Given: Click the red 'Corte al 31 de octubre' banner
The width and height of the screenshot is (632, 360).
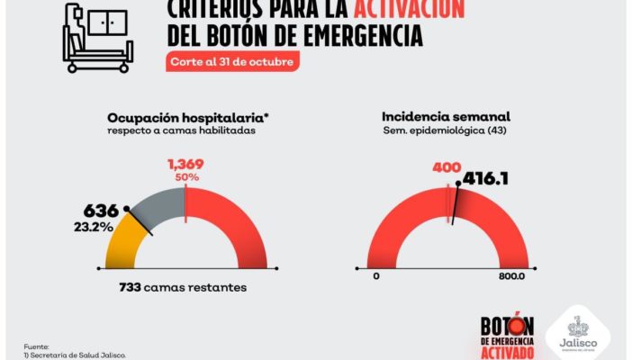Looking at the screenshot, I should click(x=232, y=62).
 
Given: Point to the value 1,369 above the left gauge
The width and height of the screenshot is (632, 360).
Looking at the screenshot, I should click(x=186, y=164).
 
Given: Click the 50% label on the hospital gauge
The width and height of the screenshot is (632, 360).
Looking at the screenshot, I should click(x=186, y=178).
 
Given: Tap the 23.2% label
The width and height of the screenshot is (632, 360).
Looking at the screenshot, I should click(x=94, y=228).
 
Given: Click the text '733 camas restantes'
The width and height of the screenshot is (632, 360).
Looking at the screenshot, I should click(x=183, y=288).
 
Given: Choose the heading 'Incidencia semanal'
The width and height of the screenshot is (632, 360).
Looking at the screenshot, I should click(x=446, y=117).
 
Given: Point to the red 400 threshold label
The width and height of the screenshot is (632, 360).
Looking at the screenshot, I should click(x=447, y=167).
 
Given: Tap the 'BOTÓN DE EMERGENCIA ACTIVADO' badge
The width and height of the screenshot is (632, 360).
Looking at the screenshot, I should click(x=508, y=337).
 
